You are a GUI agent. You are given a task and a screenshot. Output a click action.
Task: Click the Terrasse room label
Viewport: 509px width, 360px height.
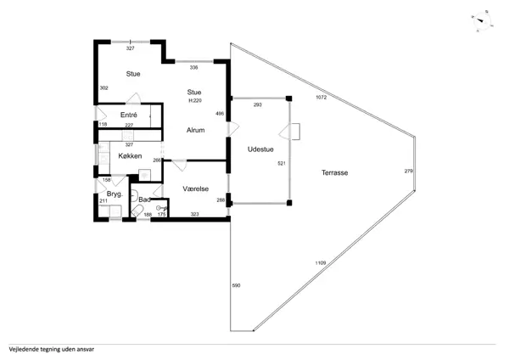coord(335,172)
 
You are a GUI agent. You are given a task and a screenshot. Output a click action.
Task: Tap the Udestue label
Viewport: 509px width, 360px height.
coord(260,149)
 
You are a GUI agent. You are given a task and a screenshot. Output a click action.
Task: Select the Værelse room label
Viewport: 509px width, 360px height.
coord(195,188)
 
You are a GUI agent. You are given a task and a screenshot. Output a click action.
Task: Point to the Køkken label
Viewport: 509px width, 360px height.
coord(130,156)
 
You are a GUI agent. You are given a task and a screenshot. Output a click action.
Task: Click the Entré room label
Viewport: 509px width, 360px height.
coord(129,115)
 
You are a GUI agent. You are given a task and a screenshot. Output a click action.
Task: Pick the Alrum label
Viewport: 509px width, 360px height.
coord(195,130)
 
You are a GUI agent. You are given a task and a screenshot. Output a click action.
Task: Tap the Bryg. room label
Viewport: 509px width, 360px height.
coord(115,194)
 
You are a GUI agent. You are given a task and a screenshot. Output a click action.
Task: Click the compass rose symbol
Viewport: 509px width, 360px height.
coord(482,21)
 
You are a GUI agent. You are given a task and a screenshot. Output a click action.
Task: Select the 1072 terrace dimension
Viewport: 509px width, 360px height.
coord(321,97)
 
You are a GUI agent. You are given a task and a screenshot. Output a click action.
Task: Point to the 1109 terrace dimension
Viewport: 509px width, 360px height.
coord(321,263)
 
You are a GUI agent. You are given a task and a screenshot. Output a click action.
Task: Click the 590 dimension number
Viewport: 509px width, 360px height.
coord(236,285)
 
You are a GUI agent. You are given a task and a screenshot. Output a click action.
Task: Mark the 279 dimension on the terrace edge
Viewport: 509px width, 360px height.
coord(409,171)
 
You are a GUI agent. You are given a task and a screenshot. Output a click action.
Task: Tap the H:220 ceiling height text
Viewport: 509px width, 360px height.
coord(195,100)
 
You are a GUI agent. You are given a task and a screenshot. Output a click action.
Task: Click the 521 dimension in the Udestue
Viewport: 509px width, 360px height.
coord(282,163)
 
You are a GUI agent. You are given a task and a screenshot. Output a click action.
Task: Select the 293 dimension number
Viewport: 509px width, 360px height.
coord(257,104)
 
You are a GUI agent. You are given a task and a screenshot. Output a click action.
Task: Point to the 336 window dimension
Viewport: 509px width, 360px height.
coord(193,68)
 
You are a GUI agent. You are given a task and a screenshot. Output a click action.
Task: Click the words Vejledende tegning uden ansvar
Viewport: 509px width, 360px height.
coord(52,350)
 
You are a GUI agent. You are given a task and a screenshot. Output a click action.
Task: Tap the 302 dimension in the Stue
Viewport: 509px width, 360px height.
coord(103,87)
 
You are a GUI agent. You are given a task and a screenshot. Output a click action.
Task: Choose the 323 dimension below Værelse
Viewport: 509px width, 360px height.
coord(194,214)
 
